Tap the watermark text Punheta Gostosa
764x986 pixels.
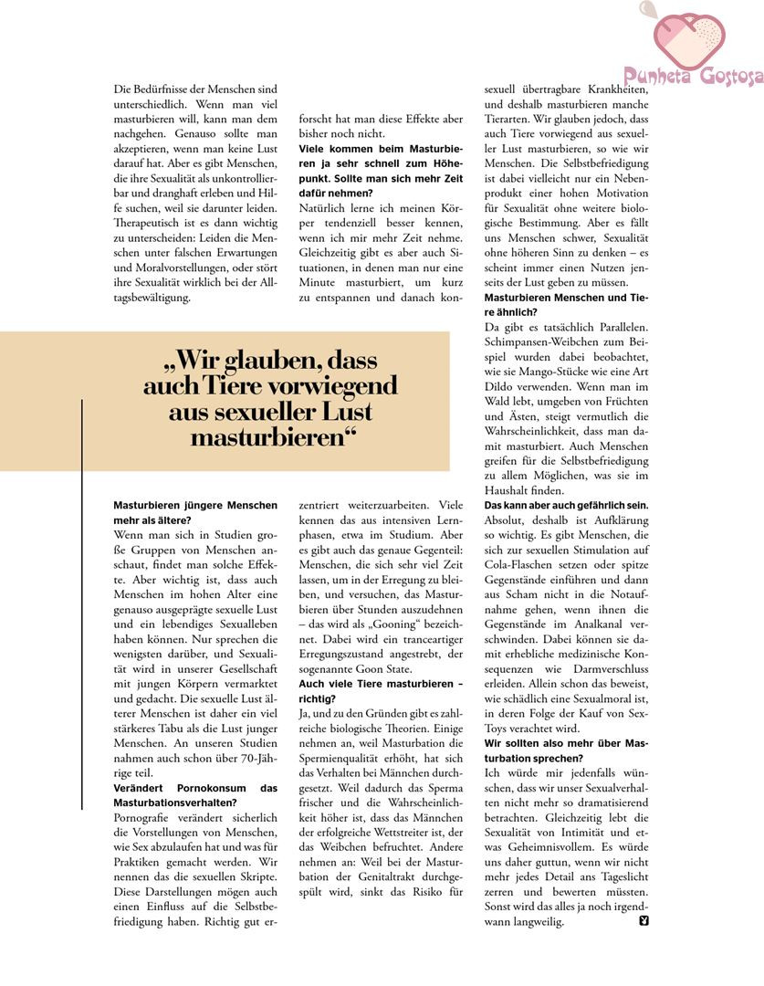click(x=694, y=78)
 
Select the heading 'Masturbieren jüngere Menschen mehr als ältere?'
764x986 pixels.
click(x=195, y=512)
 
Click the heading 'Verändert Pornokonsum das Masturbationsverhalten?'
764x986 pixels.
click(x=195, y=794)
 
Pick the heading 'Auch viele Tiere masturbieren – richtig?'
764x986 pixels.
click(x=381, y=691)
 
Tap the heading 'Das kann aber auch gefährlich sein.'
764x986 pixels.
click(x=566, y=505)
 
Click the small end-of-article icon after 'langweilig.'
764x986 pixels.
click(x=644, y=920)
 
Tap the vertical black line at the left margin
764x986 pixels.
click(x=83, y=603)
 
